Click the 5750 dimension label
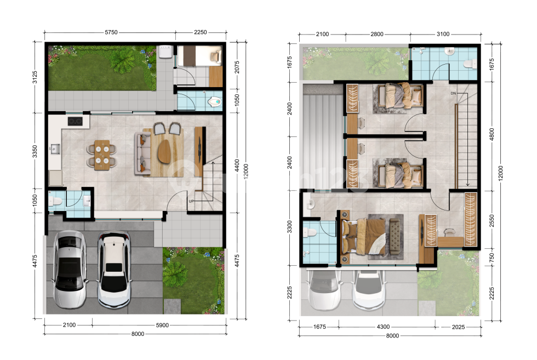point(111,32)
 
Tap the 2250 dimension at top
point(201,32)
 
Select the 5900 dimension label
point(162,325)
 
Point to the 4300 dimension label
point(383,327)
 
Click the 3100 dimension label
point(443,34)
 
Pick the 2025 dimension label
point(458,327)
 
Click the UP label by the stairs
point(191,201)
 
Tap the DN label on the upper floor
point(453,93)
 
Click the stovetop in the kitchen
point(75,121)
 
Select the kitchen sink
point(55,149)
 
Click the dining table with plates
point(102,155)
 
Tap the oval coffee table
point(165,151)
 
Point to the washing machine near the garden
point(165,52)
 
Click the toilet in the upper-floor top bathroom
point(469,64)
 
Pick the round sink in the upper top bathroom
point(449,52)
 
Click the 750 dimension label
point(492,257)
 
